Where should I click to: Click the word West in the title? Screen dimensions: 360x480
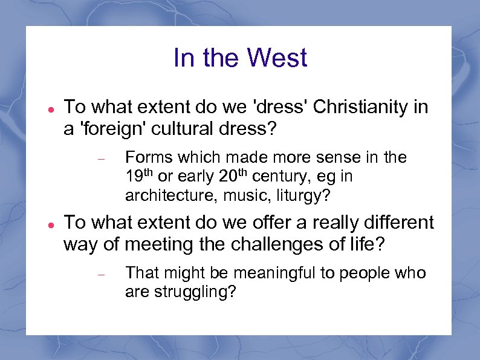[x=277, y=58]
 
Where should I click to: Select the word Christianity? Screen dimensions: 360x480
[x=354, y=108]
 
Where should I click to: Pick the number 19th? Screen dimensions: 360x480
[x=140, y=177]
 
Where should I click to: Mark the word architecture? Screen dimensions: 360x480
[x=161, y=196]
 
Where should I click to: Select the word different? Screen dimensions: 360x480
[x=394, y=223]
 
